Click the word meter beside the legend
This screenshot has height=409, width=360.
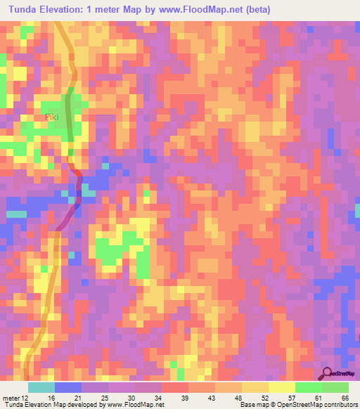click(x=13, y=397)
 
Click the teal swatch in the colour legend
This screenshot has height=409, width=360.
click(x=41, y=387)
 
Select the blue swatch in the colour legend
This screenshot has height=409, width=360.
click(x=67, y=387)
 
